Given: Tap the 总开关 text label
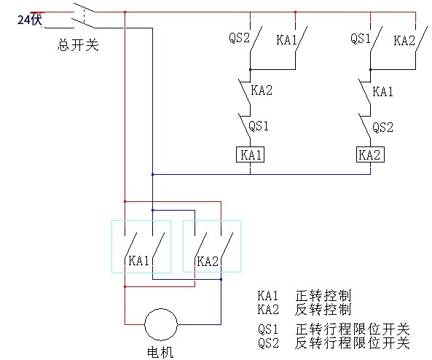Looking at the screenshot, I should (77, 45).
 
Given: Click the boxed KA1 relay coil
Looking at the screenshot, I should (250, 154).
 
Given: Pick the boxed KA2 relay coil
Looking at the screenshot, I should (369, 154).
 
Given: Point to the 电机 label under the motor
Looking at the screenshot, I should (161, 352).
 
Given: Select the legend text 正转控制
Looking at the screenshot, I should (323, 296).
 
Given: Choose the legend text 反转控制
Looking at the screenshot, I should (323, 308).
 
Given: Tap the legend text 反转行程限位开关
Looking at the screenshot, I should (353, 342).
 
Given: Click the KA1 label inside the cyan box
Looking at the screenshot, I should (139, 261).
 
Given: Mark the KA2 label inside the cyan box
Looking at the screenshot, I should (208, 261).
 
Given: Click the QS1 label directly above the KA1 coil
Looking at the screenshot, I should (259, 125).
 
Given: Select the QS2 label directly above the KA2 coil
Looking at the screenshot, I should (382, 126).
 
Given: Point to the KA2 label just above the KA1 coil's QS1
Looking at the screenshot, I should (261, 91).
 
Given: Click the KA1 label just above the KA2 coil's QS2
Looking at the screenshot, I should (382, 92).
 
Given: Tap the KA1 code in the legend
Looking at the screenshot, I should (268, 296).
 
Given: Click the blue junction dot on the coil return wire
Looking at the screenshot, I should (152, 174).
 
